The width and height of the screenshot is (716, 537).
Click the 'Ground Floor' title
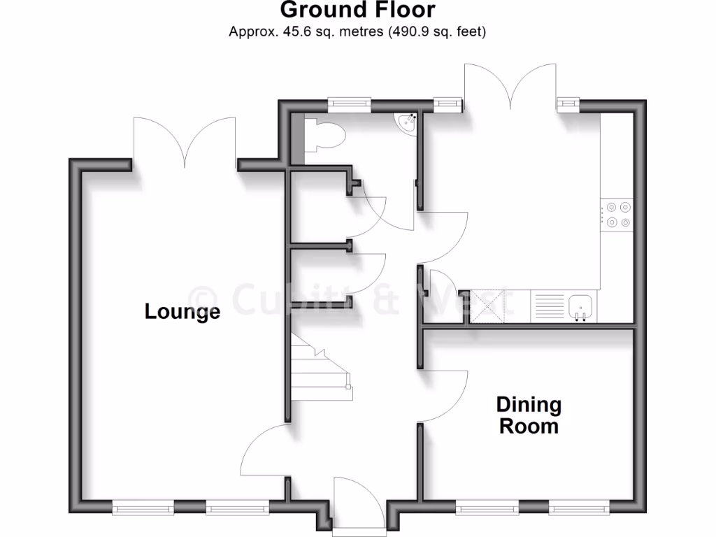(357, 10)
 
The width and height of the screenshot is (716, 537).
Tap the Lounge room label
(182, 311)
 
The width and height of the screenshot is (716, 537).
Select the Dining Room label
(529, 415)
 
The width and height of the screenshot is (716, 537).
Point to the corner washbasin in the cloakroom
(406, 124)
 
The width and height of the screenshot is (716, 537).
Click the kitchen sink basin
(581, 306)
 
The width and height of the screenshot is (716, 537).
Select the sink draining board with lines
(550, 306)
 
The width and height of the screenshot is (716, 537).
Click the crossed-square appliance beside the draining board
(488, 306)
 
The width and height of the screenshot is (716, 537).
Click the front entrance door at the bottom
(358, 503)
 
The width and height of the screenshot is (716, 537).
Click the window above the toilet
(350, 103)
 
